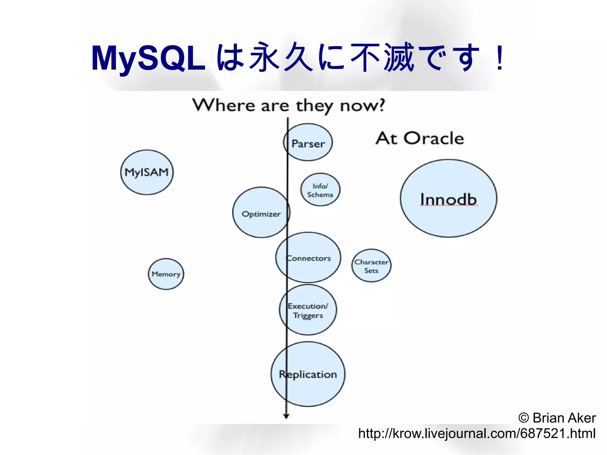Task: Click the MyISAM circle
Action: [x=147, y=172]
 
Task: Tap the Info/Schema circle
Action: [x=320, y=190]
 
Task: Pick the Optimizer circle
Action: [x=261, y=213]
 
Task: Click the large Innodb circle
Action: [x=448, y=198]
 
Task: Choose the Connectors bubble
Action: [x=309, y=258]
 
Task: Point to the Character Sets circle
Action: [x=371, y=266]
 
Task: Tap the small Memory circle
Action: [x=166, y=274]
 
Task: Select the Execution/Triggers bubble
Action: [x=308, y=310]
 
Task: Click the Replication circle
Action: [x=308, y=374]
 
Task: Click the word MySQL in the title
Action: [x=148, y=58]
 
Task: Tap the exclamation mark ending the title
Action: [x=500, y=58]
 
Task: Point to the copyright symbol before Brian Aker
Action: [x=524, y=418]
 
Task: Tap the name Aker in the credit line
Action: [x=581, y=418]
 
